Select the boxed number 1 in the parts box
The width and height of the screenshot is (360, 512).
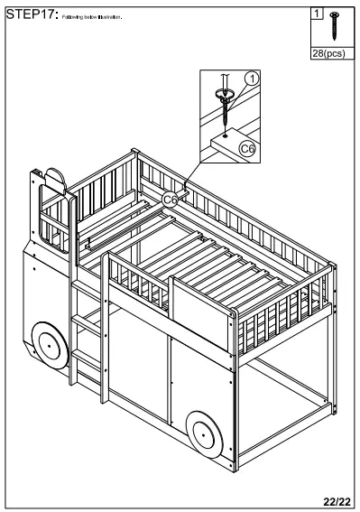(x=317, y=14)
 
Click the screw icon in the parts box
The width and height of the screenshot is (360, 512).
(x=335, y=26)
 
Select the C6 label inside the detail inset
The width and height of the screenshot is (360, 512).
(x=247, y=144)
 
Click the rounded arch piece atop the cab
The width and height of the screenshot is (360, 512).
(x=55, y=180)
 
